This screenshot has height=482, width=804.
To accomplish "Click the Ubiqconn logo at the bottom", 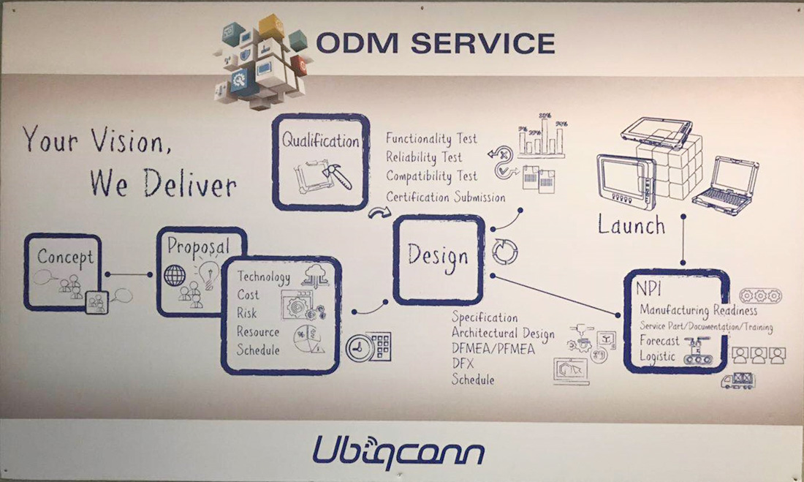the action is pyautogui.click(x=398, y=451).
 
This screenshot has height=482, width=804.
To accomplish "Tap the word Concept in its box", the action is pyautogui.click(x=65, y=257).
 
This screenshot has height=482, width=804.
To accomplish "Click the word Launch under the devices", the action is pyautogui.click(x=632, y=225).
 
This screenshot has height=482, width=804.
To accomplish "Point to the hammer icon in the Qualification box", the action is pyautogui.click(x=337, y=176).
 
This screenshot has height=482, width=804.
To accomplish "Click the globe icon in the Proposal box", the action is pyautogui.click(x=175, y=276).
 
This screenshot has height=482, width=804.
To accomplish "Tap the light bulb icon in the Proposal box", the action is pyautogui.click(x=209, y=274).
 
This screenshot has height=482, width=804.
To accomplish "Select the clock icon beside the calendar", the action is pyautogui.click(x=360, y=349).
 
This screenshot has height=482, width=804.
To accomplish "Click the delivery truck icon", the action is pyautogui.click(x=738, y=381).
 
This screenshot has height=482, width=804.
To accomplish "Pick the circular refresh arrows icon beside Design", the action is pyautogui.click(x=505, y=252).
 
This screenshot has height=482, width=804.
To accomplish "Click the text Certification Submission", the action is pyautogui.click(x=446, y=197).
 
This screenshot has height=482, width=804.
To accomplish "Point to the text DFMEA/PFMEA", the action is pyautogui.click(x=493, y=349).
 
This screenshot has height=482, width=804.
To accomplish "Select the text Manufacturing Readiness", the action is pyautogui.click(x=698, y=310).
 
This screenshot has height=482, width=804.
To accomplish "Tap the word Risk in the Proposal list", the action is pyautogui.click(x=246, y=313).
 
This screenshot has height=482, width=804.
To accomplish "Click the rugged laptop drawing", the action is pyautogui.click(x=726, y=186).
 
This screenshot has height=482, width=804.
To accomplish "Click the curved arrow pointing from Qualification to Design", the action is pyautogui.click(x=379, y=212).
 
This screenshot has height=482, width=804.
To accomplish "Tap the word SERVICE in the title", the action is pyautogui.click(x=483, y=43).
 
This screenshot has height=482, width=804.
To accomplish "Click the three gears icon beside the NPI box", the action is pyautogui.click(x=760, y=295).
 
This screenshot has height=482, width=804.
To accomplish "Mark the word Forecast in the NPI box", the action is pyautogui.click(x=659, y=340).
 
